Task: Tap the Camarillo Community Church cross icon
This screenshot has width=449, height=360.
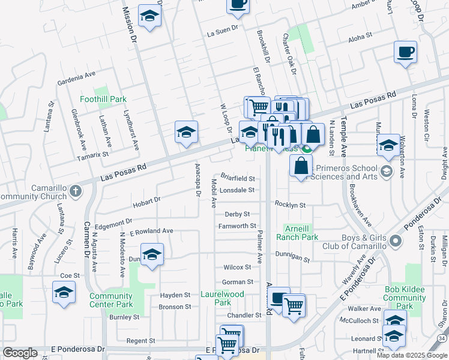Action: click(x=74, y=191)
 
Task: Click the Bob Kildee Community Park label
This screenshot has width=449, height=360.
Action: click(x=405, y=298)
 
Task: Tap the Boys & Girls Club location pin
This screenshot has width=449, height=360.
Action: click(x=394, y=241)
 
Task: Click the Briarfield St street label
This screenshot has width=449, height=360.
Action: click(x=238, y=179)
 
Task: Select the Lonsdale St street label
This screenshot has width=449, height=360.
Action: click(x=237, y=190)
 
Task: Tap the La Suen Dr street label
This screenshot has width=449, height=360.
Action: click(x=223, y=28)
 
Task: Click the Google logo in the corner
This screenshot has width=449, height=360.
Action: click(x=20, y=353)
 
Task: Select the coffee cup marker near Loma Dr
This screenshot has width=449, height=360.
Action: click(x=405, y=52)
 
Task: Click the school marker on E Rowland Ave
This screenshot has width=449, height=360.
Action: click(x=152, y=254)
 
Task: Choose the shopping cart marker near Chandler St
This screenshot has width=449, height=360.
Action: click(x=294, y=306)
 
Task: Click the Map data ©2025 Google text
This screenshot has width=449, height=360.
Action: click(x=411, y=355)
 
